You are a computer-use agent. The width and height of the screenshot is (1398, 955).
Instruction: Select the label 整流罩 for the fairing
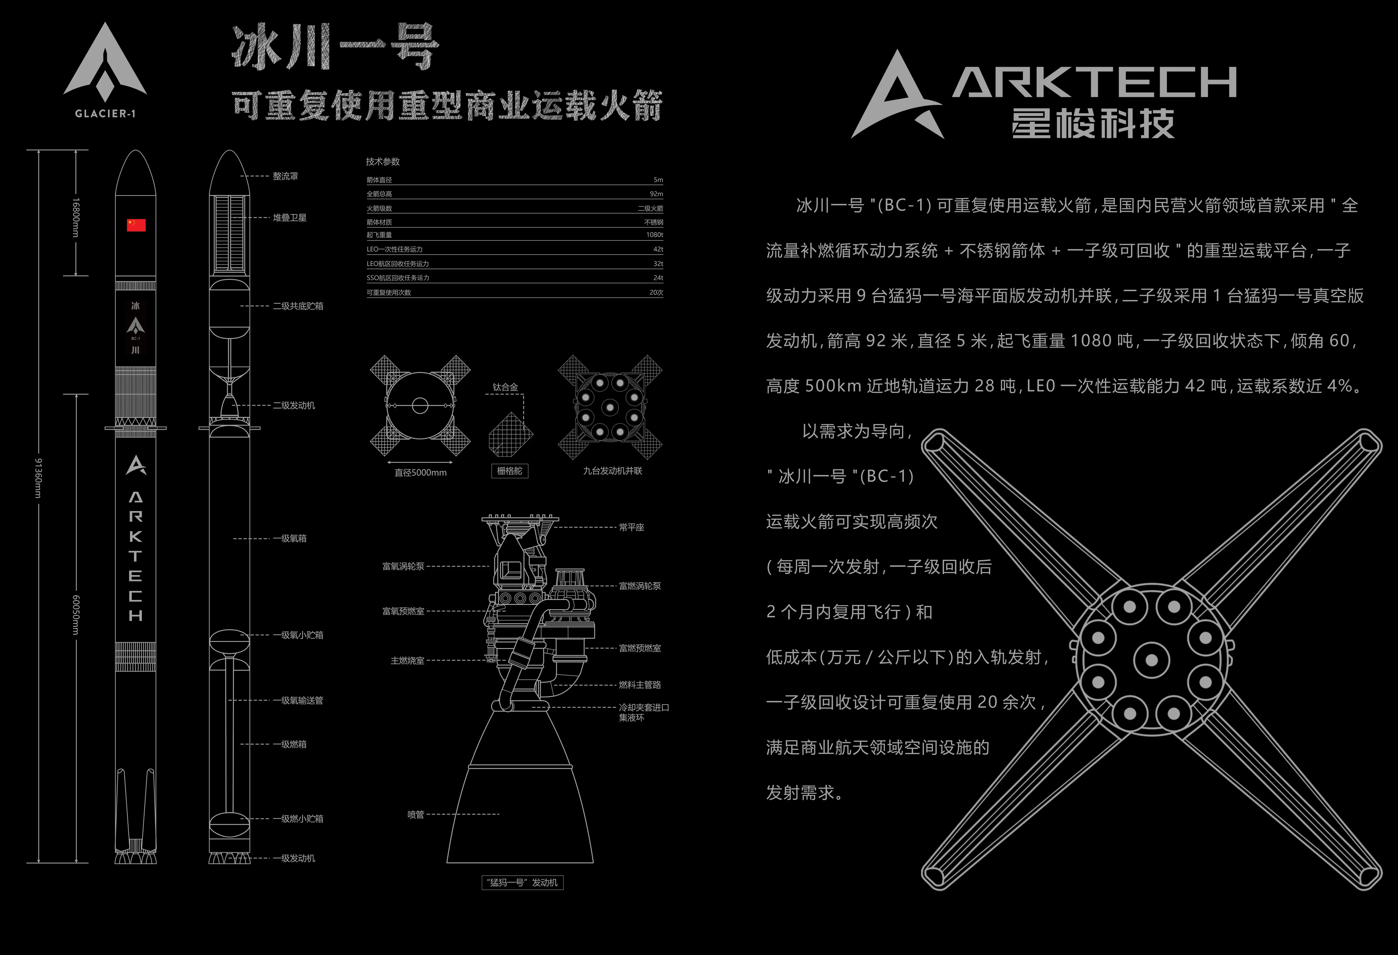[285, 176]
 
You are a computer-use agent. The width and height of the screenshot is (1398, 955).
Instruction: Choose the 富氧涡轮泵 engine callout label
[403, 566]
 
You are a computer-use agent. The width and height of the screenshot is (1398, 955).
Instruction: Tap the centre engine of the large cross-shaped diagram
[1151, 659]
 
